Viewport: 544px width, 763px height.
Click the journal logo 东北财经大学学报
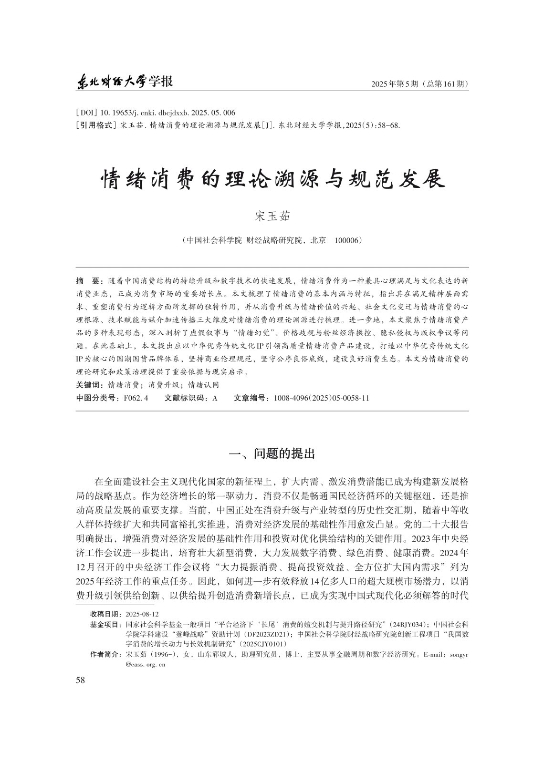(x=125, y=82)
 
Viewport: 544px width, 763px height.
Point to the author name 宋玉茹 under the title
(x=272, y=216)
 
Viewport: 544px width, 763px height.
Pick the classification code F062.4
(x=136, y=398)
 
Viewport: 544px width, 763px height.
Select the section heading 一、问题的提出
(x=272, y=454)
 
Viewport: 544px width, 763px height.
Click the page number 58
(x=80, y=680)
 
